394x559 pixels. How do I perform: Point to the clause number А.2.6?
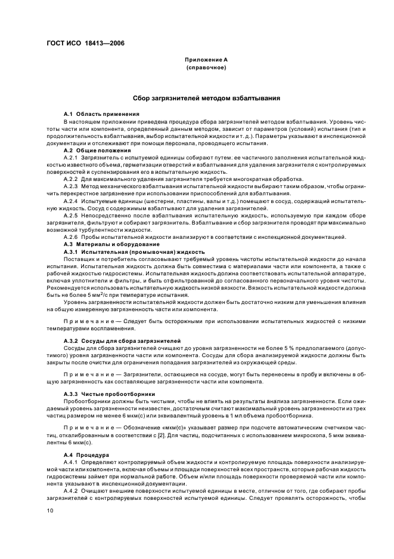tap(71, 237)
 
